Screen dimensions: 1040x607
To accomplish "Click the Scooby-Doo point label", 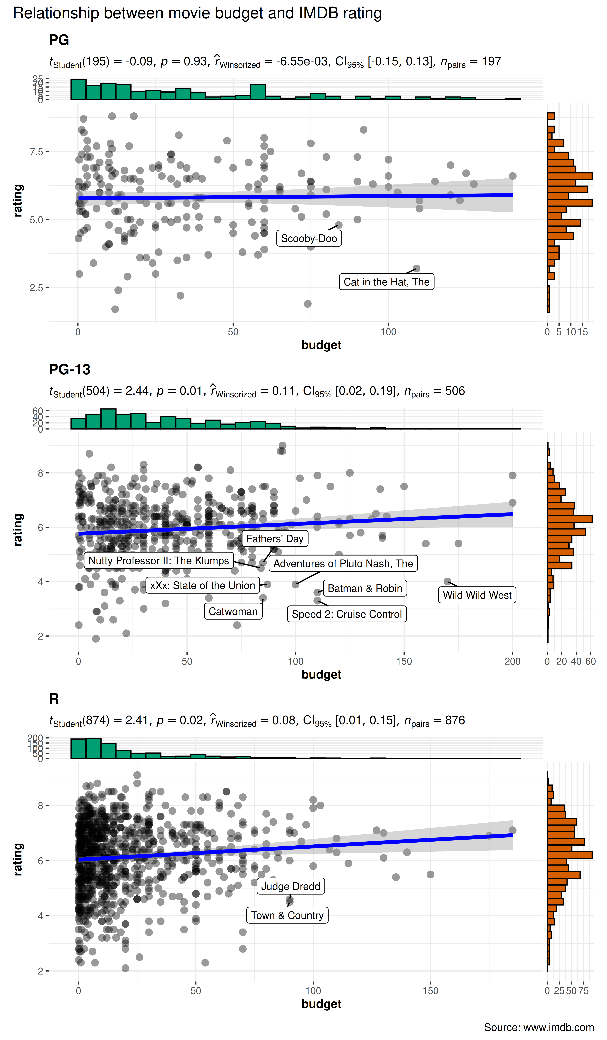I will click(309, 238).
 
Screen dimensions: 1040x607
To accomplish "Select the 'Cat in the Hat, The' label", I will click(386, 282).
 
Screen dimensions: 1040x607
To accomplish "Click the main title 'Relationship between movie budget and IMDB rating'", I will click(197, 13).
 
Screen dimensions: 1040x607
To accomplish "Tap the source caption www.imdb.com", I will click(539, 1027).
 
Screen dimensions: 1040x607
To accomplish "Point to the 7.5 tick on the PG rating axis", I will click(36, 152).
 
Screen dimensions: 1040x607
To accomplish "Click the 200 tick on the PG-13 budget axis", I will click(512, 661).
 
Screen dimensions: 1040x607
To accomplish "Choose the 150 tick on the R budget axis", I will click(430, 990).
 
